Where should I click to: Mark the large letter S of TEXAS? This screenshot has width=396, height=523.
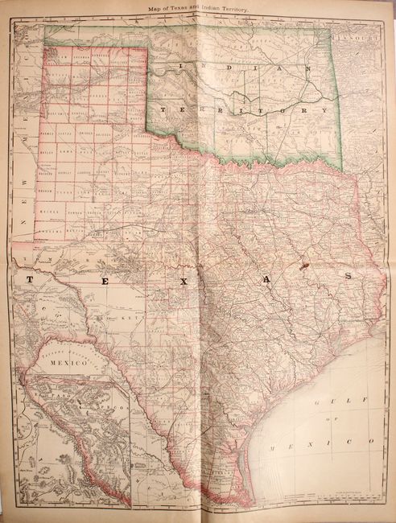point(349,275)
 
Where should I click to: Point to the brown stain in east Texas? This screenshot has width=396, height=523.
point(303,261)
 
